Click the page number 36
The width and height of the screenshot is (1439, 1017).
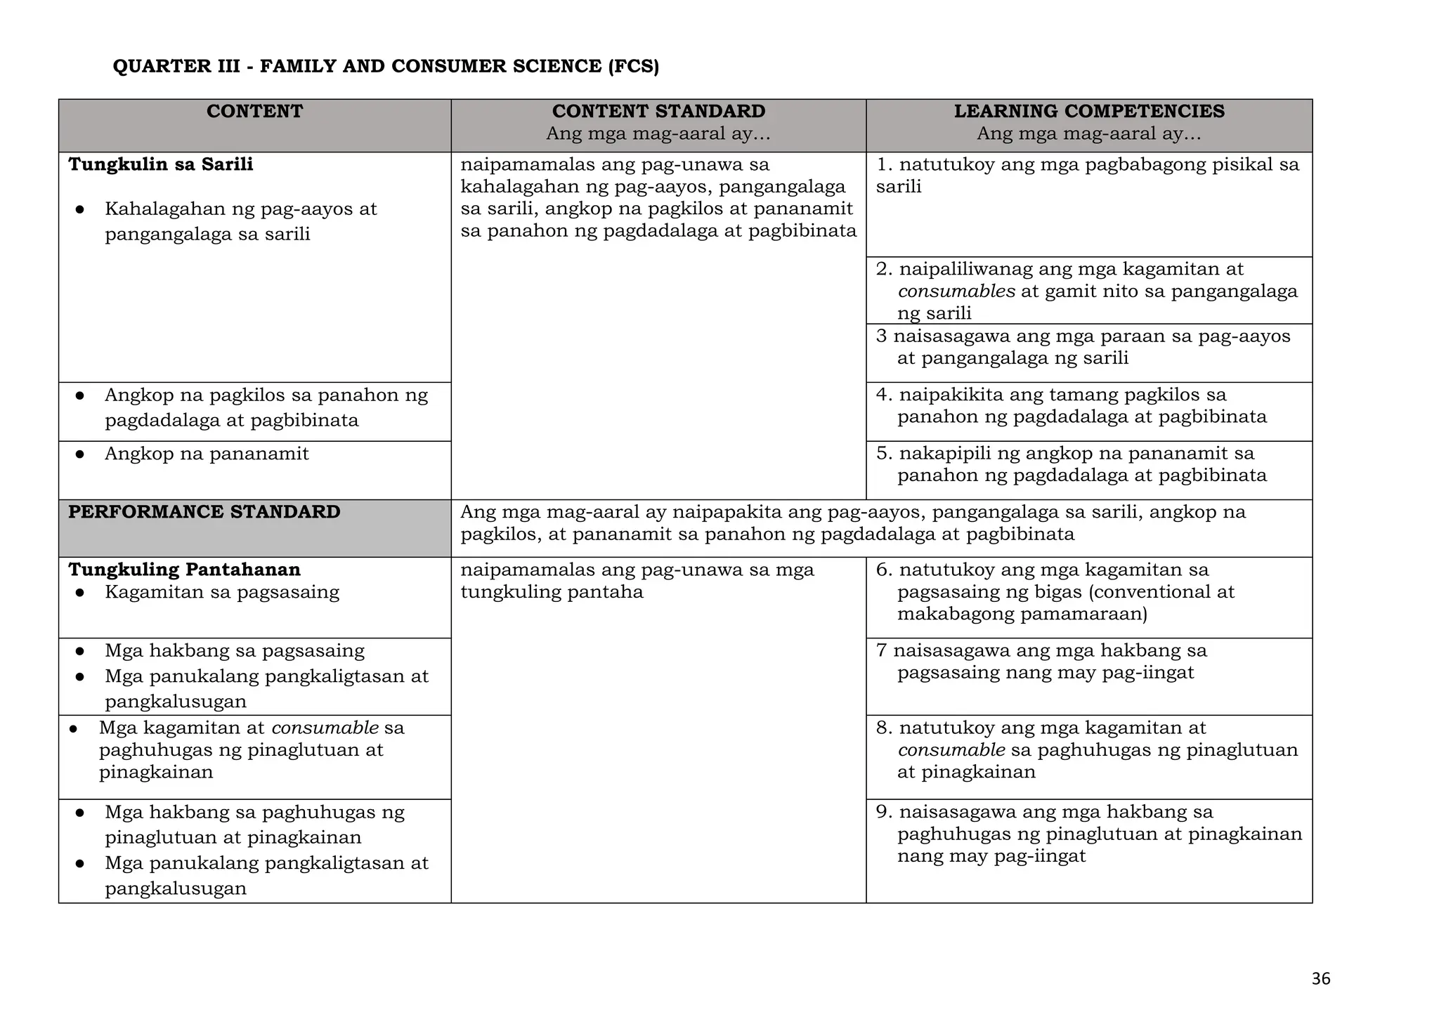tap(1320, 979)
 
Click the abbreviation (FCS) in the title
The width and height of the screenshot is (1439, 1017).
tap(632, 67)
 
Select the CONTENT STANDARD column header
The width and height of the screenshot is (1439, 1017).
tap(658, 112)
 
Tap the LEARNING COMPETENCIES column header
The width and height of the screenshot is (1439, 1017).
tap(1088, 112)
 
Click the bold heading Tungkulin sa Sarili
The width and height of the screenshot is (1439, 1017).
tap(161, 164)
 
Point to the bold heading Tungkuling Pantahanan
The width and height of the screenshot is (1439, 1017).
tap(184, 570)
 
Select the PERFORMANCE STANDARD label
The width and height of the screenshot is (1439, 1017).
tap(204, 512)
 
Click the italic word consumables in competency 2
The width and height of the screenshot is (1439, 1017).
tap(956, 291)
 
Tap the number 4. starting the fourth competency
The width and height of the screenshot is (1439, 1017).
tap(884, 395)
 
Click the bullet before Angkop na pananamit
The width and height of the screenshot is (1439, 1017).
tap(80, 454)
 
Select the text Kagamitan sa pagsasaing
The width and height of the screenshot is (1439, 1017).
tap(222, 592)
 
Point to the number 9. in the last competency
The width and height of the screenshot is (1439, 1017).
tap(884, 812)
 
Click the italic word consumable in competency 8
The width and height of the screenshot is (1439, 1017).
tap(951, 750)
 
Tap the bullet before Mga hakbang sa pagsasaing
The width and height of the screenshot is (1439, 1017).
tap(80, 651)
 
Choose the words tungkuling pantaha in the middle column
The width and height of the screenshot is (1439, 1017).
tap(552, 592)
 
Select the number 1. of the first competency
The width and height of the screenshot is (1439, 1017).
tap(885, 164)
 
